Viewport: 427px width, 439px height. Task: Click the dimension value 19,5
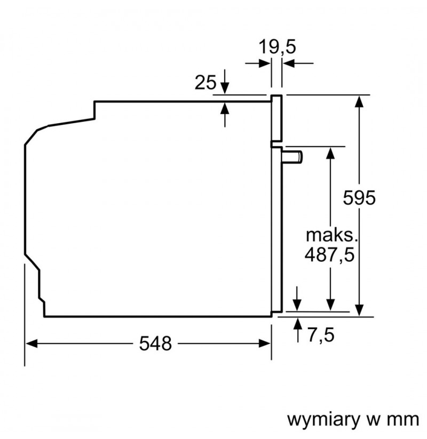point(277,47)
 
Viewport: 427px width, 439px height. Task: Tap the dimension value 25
point(205,82)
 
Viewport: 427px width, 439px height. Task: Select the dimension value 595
point(359,198)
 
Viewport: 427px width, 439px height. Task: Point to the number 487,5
point(329,255)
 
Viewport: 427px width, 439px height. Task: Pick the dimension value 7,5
point(321,334)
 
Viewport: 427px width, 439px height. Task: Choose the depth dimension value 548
point(155,344)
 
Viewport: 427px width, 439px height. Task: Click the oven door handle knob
point(292,157)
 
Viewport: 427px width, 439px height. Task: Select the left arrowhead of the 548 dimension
point(31,343)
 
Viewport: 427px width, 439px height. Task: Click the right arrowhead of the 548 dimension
point(265,343)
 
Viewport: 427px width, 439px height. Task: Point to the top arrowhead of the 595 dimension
point(359,101)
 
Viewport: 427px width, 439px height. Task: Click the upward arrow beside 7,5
point(297,330)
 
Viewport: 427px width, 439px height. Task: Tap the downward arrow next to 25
point(224,82)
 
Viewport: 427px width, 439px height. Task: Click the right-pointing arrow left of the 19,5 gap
point(258,63)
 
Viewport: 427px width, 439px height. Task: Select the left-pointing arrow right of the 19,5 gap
point(298,63)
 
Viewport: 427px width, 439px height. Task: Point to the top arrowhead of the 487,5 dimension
point(330,153)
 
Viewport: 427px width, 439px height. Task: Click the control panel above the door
point(276,118)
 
